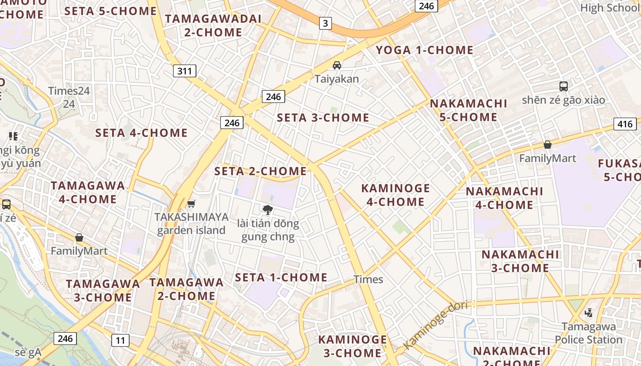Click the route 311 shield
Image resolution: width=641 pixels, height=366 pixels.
tap(185, 71)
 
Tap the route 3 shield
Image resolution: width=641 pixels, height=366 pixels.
tap(325, 23)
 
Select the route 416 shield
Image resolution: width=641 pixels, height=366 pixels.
tap(625, 124)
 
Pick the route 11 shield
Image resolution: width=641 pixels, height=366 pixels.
tap(120, 340)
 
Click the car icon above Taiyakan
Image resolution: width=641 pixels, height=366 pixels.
tap(337, 65)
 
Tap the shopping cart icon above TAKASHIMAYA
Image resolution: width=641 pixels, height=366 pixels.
tap(191, 204)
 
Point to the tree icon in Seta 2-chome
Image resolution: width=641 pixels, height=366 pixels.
tap(268, 210)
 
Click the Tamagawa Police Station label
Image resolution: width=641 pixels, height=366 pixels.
tap(588, 333)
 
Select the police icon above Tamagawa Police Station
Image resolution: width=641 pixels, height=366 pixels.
tap(588, 313)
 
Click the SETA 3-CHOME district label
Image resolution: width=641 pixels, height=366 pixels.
tap(323, 118)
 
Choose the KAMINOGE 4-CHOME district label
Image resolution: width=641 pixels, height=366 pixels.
tap(396, 195)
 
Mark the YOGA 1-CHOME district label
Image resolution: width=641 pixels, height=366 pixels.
tap(424, 50)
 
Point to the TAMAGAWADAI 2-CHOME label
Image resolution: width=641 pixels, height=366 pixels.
tap(213, 26)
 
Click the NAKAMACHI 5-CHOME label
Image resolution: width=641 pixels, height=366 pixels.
tap(468, 110)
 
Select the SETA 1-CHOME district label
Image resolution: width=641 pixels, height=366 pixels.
tap(281, 277)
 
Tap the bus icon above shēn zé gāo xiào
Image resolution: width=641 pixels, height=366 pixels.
tap(563, 86)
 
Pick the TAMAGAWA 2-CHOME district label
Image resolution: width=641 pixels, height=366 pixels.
tap(186, 289)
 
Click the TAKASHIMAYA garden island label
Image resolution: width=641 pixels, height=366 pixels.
tap(191, 223)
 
